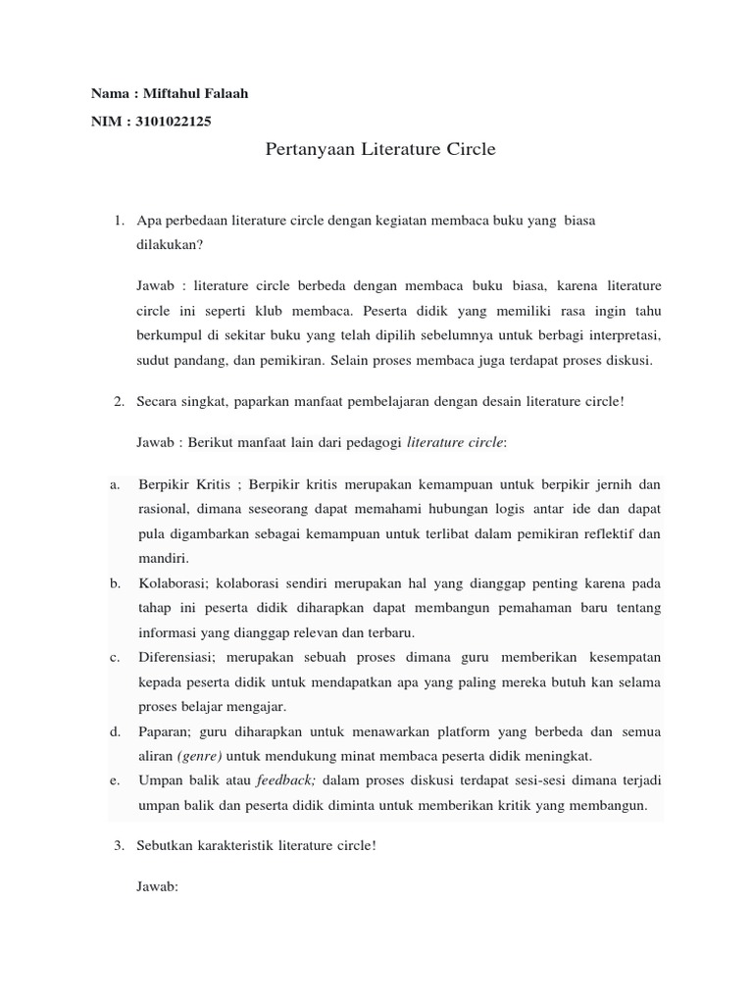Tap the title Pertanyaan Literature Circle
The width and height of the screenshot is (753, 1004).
(381, 150)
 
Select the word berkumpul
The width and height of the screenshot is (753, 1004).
(169, 335)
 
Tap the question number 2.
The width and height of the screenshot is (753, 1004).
(118, 401)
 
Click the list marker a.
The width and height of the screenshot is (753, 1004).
(115, 484)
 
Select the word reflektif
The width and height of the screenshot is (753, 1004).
(604, 533)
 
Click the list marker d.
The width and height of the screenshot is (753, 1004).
(115, 730)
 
